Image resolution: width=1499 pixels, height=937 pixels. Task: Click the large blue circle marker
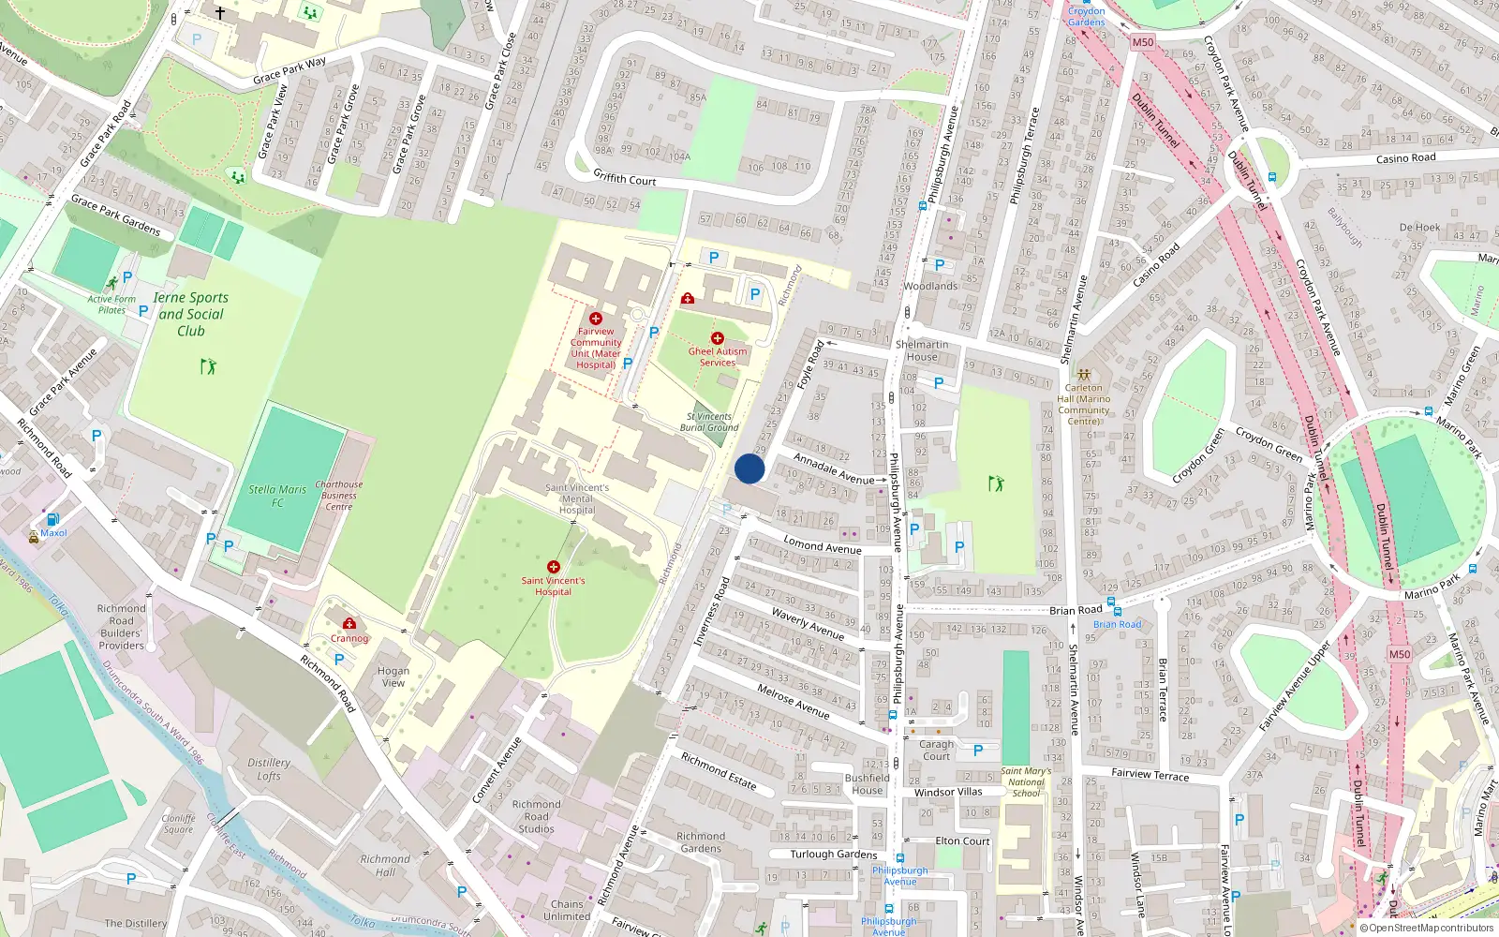pos(749,468)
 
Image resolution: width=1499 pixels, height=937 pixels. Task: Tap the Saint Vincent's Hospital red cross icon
pos(554,567)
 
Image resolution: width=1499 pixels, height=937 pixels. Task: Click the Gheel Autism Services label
pos(718,357)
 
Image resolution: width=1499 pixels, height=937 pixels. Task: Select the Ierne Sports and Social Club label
pos(191,314)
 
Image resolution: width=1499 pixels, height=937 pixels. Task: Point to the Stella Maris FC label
pos(277,496)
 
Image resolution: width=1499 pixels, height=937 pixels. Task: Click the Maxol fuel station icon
pos(52,519)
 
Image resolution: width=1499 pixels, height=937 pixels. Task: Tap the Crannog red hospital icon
pos(349,624)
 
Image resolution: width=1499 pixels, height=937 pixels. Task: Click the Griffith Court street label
pos(625,177)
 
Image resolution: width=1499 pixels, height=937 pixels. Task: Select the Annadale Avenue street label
pos(834,468)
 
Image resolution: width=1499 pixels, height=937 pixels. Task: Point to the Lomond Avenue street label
pos(823,546)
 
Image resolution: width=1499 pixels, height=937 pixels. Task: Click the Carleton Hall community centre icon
pos(1084,375)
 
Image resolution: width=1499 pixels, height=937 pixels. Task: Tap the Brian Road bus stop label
pos(1118,624)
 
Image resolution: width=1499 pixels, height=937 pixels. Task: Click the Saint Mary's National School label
pos(1026,781)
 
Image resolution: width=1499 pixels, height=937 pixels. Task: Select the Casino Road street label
pos(1405,158)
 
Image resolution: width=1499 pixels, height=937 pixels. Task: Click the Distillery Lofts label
pos(269,769)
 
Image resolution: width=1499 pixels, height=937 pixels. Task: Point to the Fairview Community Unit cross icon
pos(595,319)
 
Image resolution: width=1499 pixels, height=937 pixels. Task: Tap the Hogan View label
pos(393,677)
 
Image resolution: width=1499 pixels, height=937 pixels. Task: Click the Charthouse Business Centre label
pos(339,496)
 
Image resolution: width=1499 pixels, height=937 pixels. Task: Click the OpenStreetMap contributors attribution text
pos(1431,928)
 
